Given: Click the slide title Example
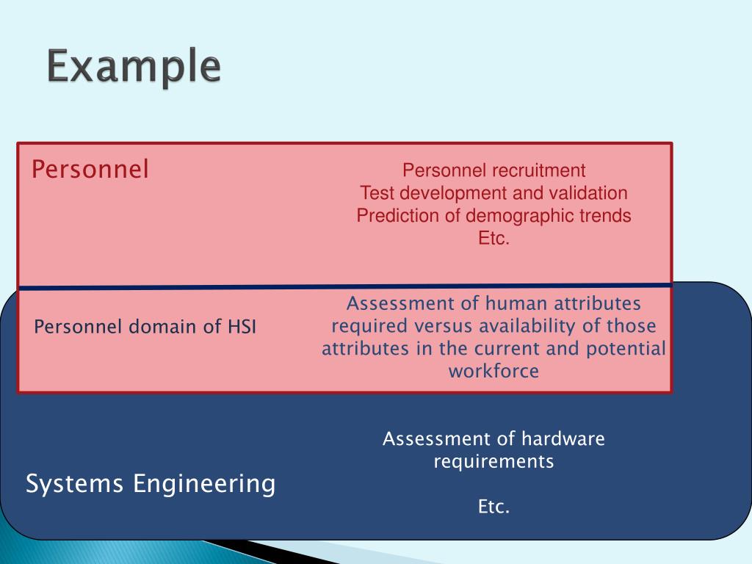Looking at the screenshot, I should click(x=134, y=68).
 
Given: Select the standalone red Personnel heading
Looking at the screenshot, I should click(x=90, y=170).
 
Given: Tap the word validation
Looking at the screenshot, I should click(x=592, y=193).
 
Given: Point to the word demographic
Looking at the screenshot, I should click(x=516, y=216).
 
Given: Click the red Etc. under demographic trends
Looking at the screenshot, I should click(x=493, y=239).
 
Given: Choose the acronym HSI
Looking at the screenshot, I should click(x=242, y=327).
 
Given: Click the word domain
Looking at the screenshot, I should click(x=161, y=327).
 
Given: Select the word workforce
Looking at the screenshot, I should click(x=493, y=371).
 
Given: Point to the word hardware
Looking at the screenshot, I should click(x=563, y=439).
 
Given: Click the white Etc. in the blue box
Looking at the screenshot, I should click(x=493, y=507).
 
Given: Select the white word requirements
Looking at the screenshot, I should click(x=493, y=462).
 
